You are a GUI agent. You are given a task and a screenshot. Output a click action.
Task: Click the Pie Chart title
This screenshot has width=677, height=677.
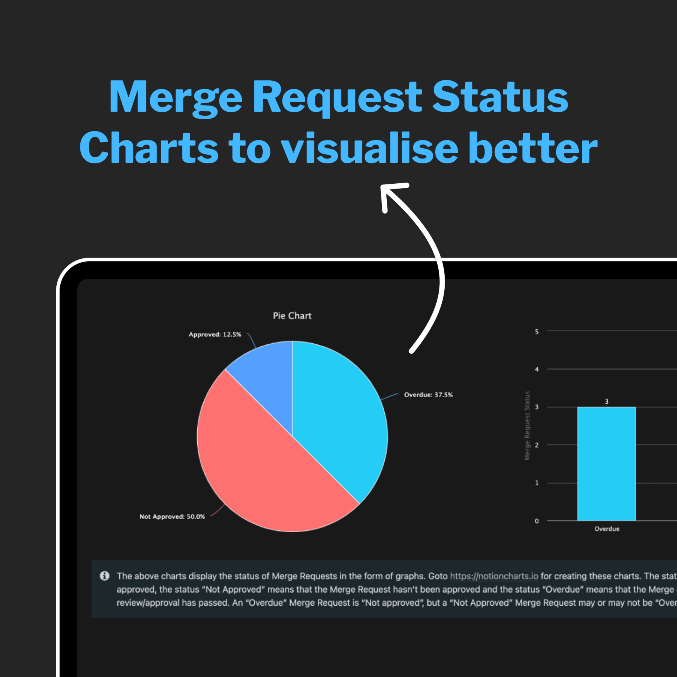(292, 316)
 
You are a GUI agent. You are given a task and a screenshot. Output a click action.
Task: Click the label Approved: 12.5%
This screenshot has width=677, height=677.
(215, 334)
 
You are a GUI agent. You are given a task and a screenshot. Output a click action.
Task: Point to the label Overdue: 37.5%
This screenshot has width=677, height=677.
(428, 395)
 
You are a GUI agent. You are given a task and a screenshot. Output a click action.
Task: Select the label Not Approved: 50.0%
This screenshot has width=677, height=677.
(172, 516)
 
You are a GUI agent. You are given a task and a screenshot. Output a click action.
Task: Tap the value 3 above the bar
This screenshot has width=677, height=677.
(606, 401)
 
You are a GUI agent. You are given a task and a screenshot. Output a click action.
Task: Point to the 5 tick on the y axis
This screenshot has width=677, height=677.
(537, 331)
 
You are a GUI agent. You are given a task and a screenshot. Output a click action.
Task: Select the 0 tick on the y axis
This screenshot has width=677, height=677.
(537, 521)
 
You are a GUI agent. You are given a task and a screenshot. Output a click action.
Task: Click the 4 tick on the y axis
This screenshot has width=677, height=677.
(537, 369)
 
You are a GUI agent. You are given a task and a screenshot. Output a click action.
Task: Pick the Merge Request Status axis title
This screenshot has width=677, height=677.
(527, 426)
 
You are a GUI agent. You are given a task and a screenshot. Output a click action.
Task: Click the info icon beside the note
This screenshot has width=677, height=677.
(104, 576)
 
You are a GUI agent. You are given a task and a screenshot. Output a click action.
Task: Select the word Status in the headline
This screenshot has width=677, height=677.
(500, 96)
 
